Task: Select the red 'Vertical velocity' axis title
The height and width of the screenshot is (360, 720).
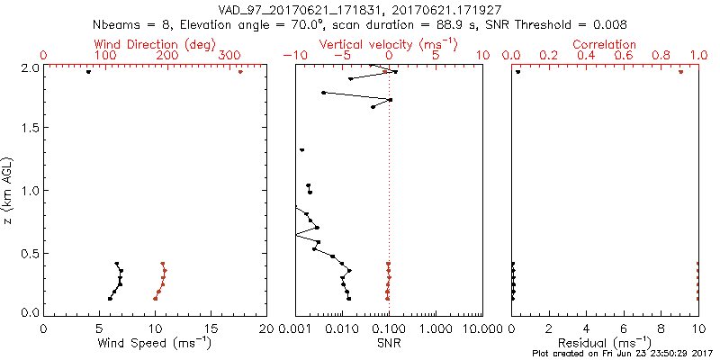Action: coord(388,44)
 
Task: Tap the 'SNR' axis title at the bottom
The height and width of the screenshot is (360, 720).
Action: coord(389,342)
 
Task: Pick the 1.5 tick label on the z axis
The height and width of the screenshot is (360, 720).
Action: coord(30,129)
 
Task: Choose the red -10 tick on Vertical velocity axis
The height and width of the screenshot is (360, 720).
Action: coord(292,56)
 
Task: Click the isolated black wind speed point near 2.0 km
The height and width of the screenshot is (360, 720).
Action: coord(88,71)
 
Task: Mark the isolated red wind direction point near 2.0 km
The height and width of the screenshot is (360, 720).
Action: coord(240,71)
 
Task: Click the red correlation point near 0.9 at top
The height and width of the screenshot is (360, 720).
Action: coord(680,71)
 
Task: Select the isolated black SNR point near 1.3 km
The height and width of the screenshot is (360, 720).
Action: coord(302,149)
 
